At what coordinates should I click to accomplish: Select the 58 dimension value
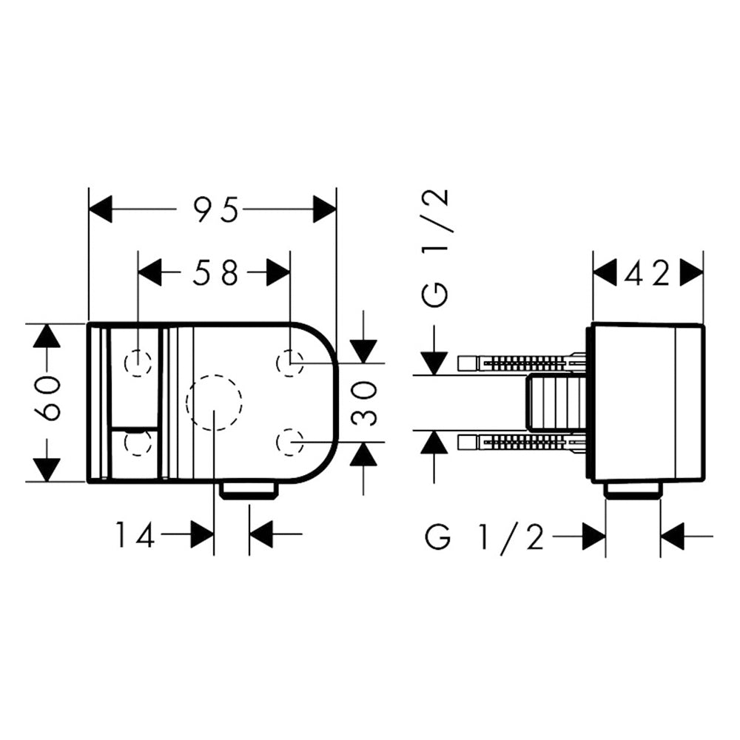click(x=215, y=272)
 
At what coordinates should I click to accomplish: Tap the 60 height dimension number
click(x=48, y=398)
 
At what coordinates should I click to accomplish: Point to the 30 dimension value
click(x=365, y=403)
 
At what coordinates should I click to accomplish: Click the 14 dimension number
click(x=135, y=534)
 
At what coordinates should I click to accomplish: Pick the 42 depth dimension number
click(x=647, y=273)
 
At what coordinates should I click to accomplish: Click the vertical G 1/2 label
click(x=434, y=248)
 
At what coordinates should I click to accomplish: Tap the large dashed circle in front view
click(x=215, y=403)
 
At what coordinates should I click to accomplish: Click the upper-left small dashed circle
click(x=138, y=363)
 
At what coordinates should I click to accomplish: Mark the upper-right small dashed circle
click(x=290, y=363)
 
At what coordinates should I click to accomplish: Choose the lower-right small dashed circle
click(x=290, y=443)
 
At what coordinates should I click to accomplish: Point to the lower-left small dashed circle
click(x=138, y=443)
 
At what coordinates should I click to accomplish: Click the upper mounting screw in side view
click(x=522, y=363)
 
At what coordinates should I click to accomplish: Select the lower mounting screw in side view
click(x=522, y=443)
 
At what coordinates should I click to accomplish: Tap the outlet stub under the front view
click(x=249, y=491)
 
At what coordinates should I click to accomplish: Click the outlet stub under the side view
click(x=633, y=491)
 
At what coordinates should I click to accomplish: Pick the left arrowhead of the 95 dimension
click(x=101, y=209)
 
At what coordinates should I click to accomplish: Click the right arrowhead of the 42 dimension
click(x=692, y=272)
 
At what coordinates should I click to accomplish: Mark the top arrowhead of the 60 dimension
click(x=48, y=336)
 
